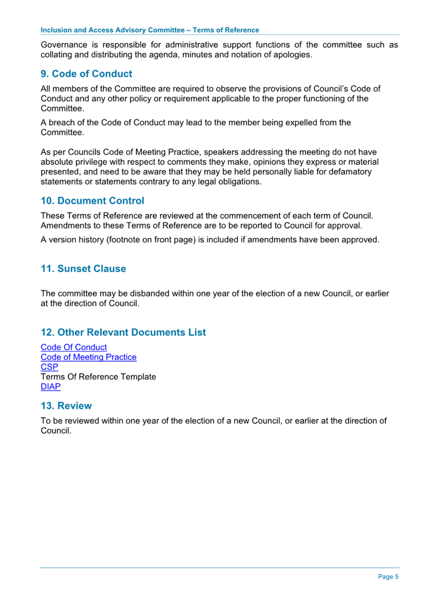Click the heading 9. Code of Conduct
(86, 74)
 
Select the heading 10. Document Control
(92, 201)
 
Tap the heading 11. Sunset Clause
(83, 269)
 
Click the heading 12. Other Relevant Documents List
(123, 332)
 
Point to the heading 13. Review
(66, 406)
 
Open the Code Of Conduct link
(74, 348)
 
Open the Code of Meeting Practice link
(89, 357)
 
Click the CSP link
(50, 367)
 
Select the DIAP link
(50, 387)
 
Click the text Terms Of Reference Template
(98, 377)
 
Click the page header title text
(150, 30)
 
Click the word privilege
(91, 162)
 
